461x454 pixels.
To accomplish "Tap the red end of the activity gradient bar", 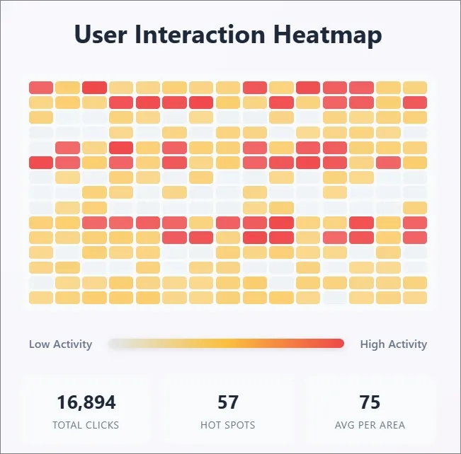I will pyautogui.click(x=339, y=344).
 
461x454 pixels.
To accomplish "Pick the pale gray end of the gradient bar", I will pyautogui.click(x=114, y=344).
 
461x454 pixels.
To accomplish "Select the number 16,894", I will pyautogui.click(x=86, y=403).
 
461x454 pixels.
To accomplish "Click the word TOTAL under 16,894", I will pyautogui.click(x=68, y=425).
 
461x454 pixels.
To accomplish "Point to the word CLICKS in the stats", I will pyautogui.click(x=103, y=425).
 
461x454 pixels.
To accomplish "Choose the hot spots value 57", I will pyautogui.click(x=228, y=403).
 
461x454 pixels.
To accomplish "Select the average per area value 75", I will pyautogui.click(x=370, y=403).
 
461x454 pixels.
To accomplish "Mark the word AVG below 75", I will pyautogui.click(x=345, y=425).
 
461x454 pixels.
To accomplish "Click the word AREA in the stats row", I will pyautogui.click(x=392, y=425).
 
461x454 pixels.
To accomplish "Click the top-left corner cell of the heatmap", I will pyautogui.click(x=41, y=88).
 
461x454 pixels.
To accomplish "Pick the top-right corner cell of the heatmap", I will pyautogui.click(x=415, y=88).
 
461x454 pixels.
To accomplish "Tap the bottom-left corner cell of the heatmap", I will pyautogui.click(x=41, y=297).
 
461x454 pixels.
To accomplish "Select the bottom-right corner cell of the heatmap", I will pyautogui.click(x=415, y=297).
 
